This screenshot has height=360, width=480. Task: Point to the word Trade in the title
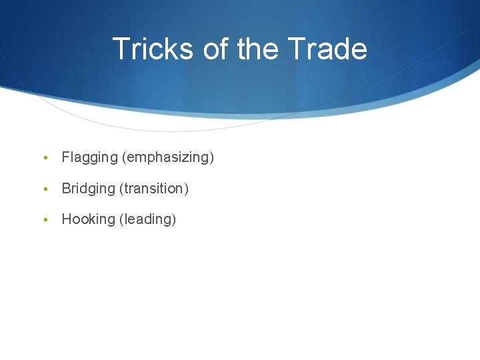point(328,49)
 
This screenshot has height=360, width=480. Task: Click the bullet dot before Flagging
point(44,159)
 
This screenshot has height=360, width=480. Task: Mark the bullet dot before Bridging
point(44,189)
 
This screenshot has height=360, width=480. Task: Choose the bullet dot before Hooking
point(44,220)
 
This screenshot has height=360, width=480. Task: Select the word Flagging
point(89,158)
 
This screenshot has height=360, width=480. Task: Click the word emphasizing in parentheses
point(167,158)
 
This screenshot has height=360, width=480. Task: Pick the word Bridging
point(88,189)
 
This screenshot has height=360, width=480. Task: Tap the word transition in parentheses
point(153,189)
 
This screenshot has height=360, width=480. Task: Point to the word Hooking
point(88,219)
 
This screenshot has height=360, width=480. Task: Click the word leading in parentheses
point(147,219)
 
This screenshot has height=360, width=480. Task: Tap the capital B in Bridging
point(66,189)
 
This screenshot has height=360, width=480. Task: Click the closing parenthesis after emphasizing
point(212,158)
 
